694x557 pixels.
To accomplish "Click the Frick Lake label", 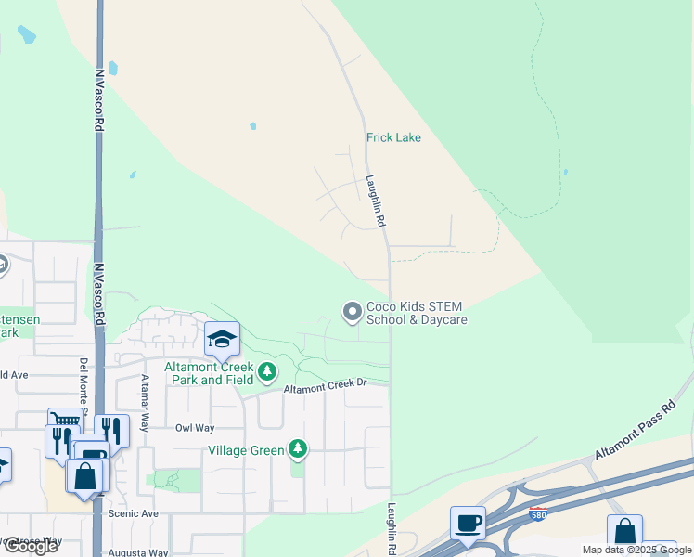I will pyautogui.click(x=393, y=137).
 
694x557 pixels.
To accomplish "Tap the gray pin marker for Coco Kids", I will pyautogui.click(x=352, y=312).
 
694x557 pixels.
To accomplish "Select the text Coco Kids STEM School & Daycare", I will pyautogui.click(x=415, y=313).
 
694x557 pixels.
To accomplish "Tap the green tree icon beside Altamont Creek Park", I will pyautogui.click(x=267, y=372).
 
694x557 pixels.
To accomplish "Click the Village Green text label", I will pyautogui.click(x=244, y=450).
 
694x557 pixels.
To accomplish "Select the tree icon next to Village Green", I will pyautogui.click(x=297, y=450).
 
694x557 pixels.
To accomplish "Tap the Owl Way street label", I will pyautogui.click(x=195, y=428).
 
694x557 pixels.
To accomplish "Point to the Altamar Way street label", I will pyautogui.click(x=144, y=404).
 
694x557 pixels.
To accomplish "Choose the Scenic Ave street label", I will pyautogui.click(x=134, y=513).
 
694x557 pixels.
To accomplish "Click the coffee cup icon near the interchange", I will pyautogui.click(x=468, y=521).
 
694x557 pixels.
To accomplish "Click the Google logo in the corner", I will pyautogui.click(x=31, y=546).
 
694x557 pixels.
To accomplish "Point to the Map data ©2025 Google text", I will pyautogui.click(x=636, y=550).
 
